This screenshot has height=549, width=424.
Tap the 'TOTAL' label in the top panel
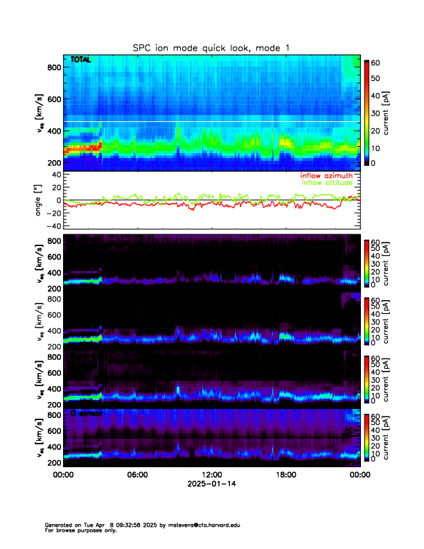point(81,60)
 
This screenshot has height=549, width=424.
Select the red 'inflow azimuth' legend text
point(327,176)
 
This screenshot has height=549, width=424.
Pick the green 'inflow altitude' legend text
point(327,183)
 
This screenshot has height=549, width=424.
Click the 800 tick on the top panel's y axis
point(53,67)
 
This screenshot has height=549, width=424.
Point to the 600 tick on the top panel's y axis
point(53,99)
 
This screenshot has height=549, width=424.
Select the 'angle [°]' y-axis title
point(40,200)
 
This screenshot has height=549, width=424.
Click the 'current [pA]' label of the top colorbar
point(396,112)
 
